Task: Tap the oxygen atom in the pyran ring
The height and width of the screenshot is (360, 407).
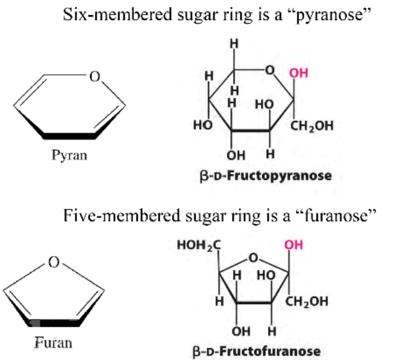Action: click(94, 77)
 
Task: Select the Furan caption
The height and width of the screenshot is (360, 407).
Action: click(53, 342)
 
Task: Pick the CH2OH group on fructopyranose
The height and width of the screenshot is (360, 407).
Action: click(312, 127)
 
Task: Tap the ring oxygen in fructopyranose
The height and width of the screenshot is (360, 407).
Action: click(269, 70)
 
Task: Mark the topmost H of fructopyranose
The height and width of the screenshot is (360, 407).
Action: click(234, 44)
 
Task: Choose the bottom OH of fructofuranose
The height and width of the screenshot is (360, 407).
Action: click(240, 332)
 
